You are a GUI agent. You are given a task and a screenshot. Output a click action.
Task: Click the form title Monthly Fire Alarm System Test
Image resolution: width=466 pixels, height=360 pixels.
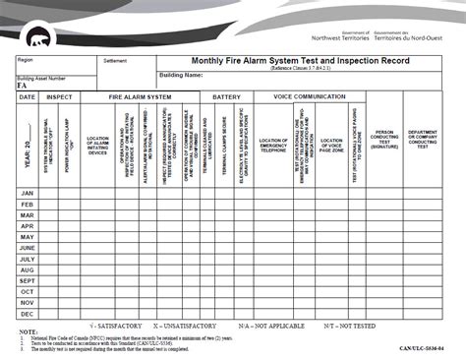[x=305, y=60]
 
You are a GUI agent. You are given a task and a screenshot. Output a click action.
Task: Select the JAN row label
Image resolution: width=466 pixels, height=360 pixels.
[x=28, y=193]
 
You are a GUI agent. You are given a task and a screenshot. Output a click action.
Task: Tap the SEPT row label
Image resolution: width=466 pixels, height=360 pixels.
[x=28, y=280]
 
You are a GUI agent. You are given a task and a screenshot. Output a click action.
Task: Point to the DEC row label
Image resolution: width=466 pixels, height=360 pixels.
[x=28, y=314]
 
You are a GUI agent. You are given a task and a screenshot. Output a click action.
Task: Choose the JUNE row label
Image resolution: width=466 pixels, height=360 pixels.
[x=28, y=248]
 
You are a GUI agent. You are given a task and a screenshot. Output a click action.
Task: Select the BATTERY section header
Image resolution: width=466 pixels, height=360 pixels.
[x=227, y=97]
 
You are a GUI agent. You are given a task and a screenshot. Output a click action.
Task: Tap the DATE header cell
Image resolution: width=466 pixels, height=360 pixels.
[x=28, y=97]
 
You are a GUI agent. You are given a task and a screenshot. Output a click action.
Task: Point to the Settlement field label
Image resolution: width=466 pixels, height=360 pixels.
[x=114, y=61]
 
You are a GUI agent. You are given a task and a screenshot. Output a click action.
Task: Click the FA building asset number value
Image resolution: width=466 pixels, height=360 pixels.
[x=23, y=86]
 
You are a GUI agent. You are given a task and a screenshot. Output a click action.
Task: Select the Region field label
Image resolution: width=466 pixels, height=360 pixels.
[x=25, y=60]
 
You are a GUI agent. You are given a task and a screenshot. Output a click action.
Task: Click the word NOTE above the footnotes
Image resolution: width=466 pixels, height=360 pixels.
[x=27, y=331]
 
